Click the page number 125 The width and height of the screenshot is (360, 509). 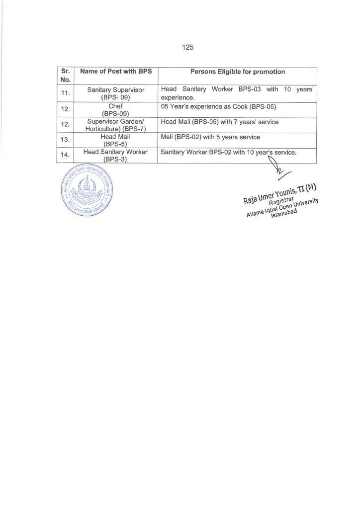point(187,47)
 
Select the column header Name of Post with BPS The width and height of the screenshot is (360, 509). point(116,72)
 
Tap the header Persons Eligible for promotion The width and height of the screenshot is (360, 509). point(238,72)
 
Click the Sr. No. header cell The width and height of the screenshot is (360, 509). point(66,76)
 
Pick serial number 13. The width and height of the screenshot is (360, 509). point(66,140)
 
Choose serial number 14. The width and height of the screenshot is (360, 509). point(66,155)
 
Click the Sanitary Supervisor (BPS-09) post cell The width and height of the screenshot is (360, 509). point(116,93)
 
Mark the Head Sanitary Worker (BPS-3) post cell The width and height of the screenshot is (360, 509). point(116,155)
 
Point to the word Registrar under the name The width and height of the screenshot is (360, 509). point(281,201)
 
